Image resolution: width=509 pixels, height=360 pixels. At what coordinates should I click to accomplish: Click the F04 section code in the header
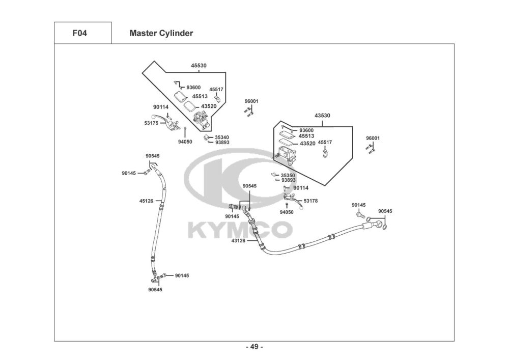tap(79, 33)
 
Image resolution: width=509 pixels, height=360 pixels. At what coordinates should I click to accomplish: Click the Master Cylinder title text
tap(161, 33)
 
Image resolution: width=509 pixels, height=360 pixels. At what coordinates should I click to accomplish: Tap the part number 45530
tap(199, 66)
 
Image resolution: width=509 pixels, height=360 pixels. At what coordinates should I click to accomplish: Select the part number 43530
tap(322, 116)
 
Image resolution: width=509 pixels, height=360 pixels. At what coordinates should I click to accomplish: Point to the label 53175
tap(151, 123)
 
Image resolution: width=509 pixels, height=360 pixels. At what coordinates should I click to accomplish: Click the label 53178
tap(310, 201)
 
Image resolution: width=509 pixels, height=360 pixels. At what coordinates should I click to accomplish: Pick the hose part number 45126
tap(147, 201)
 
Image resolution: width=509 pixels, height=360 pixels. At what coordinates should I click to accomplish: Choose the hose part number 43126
tap(238, 241)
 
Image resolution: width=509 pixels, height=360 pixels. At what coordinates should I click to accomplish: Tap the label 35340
tap(222, 137)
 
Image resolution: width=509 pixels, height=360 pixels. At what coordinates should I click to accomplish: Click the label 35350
tap(288, 176)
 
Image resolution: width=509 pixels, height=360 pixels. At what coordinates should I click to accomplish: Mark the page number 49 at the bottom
tap(254, 347)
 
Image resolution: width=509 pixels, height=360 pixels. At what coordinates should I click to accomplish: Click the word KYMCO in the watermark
tap(240, 230)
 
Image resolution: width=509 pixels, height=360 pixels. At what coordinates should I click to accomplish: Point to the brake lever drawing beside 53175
tap(166, 122)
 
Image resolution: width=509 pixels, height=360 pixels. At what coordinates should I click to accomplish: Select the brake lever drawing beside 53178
tap(294, 200)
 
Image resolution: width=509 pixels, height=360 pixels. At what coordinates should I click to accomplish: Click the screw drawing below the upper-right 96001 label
tap(370, 149)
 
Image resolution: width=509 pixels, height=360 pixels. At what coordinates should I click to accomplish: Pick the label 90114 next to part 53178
tap(301, 188)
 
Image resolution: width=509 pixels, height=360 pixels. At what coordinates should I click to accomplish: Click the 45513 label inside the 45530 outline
tap(200, 97)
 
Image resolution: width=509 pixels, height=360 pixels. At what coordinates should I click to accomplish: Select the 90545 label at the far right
tap(385, 211)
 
